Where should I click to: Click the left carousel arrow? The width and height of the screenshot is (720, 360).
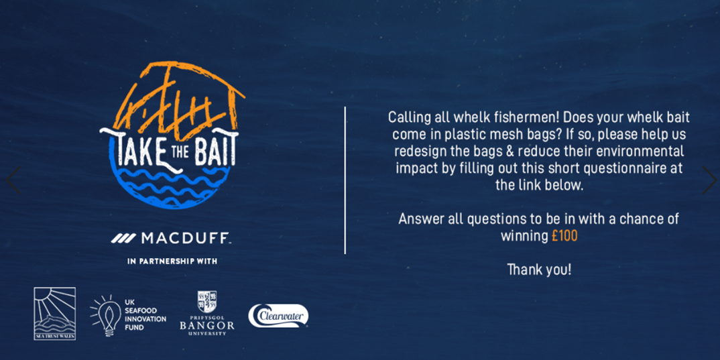(12, 180)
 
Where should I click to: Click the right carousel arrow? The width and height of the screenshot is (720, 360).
(709, 180)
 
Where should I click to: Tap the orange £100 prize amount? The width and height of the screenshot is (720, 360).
(564, 236)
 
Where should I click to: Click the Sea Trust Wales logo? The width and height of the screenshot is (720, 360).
(55, 314)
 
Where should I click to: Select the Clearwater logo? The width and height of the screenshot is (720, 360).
(278, 316)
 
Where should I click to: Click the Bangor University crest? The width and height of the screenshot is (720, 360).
(206, 301)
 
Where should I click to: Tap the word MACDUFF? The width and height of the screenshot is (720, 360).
(186, 238)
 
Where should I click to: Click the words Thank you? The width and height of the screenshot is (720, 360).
(539, 269)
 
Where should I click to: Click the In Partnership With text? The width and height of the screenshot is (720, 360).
(172, 261)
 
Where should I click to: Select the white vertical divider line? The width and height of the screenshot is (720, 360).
(345, 180)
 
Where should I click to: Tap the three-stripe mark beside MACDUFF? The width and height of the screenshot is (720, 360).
(123, 238)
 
